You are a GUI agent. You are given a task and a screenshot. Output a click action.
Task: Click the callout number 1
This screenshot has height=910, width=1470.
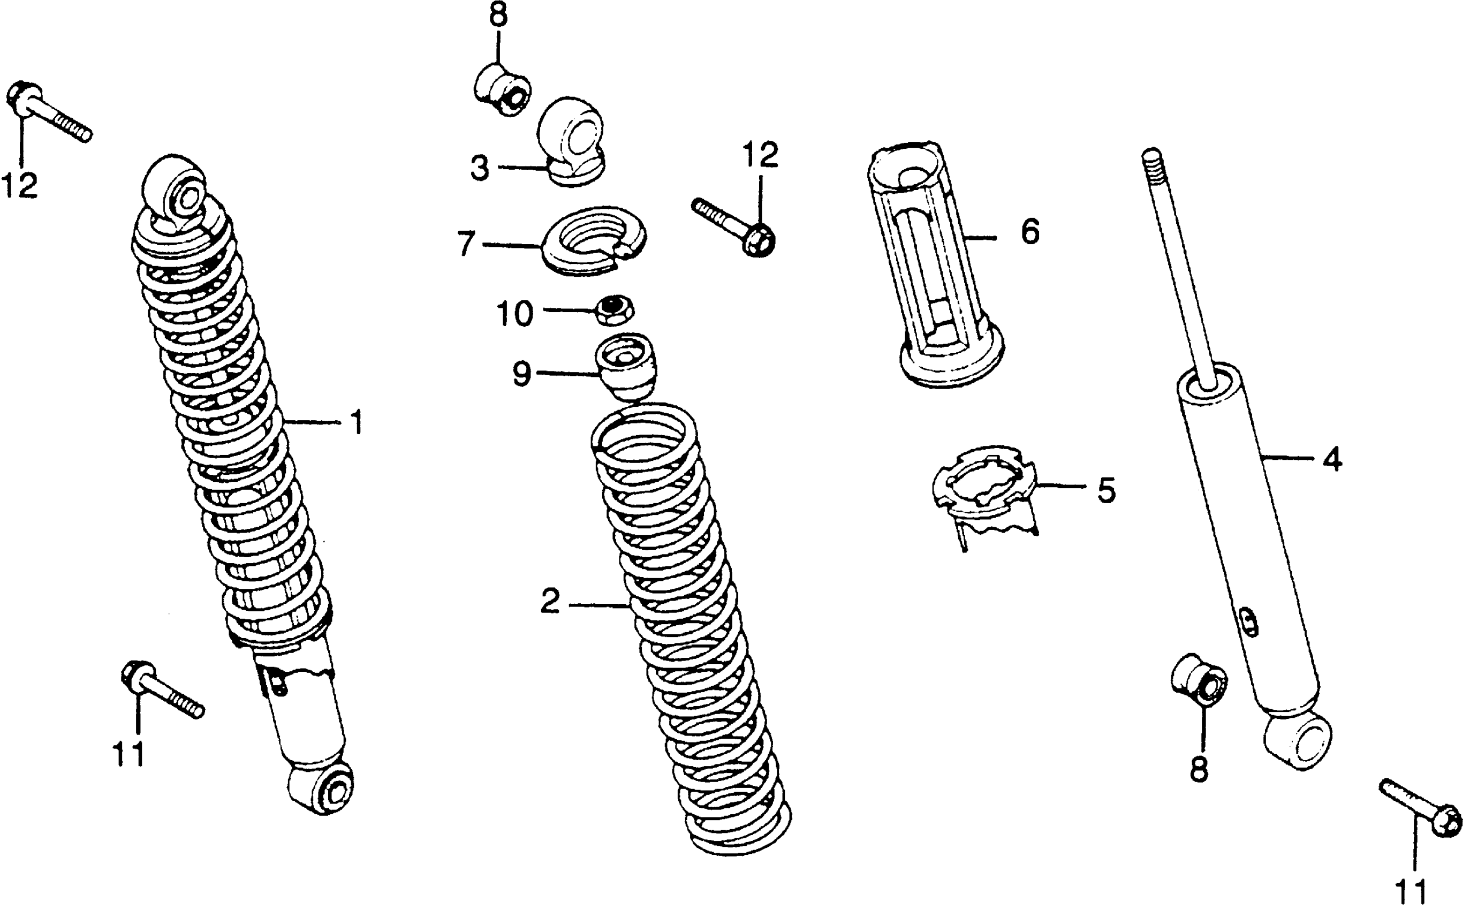click(358, 422)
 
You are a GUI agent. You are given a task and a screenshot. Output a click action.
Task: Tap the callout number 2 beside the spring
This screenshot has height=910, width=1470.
click(550, 601)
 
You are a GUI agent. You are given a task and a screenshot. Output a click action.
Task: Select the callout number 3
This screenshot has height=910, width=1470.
click(480, 169)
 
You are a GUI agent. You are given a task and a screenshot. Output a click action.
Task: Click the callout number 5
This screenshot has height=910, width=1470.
click(1106, 490)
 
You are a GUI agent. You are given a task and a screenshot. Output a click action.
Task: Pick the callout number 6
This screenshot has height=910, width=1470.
click(1029, 232)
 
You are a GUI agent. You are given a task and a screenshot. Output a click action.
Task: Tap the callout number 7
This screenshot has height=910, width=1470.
click(466, 244)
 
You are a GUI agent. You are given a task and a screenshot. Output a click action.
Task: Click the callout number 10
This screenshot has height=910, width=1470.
click(514, 314)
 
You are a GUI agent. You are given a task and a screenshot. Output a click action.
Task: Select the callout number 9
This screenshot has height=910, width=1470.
click(522, 374)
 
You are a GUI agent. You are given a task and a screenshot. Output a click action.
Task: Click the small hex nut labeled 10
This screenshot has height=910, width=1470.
click(614, 310)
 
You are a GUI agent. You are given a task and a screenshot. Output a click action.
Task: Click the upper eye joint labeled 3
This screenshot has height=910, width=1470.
click(572, 141)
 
